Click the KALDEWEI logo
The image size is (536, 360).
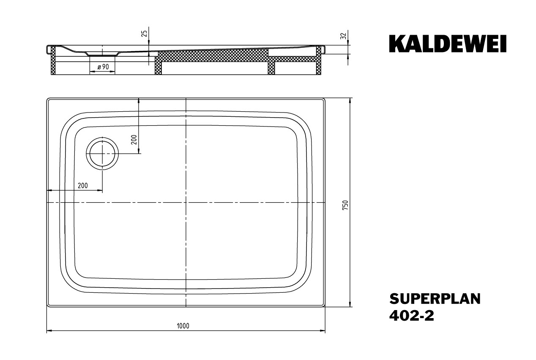448,44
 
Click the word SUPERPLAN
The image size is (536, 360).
435,299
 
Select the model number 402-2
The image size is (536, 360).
412,316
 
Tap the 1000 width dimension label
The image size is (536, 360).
183,326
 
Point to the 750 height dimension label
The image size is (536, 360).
345,205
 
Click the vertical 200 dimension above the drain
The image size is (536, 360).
134,140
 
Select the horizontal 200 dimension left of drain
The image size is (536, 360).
83,185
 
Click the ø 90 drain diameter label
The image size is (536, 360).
103,67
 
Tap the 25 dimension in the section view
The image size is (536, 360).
145,33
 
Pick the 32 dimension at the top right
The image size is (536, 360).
344,36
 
